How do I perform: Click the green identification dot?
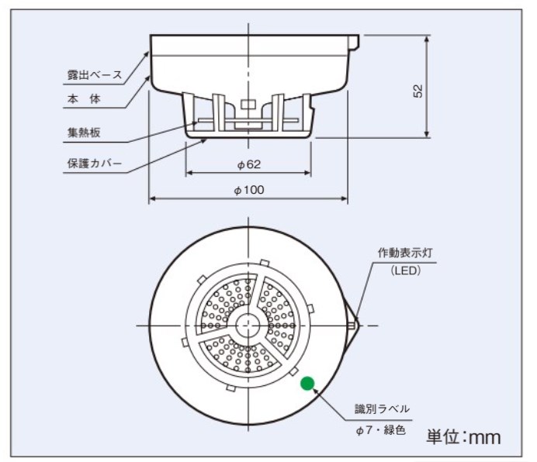pos(307,383)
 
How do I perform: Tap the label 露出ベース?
pos(95,74)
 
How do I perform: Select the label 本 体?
pos(84,99)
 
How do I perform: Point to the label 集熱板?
pos(84,133)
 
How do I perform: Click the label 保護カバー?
pos(95,164)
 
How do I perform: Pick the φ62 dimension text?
pos(249,164)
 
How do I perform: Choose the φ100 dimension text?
pos(249,190)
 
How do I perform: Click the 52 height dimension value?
pos(418,91)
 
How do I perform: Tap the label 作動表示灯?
pos(405,253)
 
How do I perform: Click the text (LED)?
pos(406,271)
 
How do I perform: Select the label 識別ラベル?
pos(383,409)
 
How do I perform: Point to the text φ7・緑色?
pos(381,430)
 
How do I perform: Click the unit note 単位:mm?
pos(463,437)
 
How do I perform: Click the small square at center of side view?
pos(248,105)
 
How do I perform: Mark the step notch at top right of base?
pos(354,43)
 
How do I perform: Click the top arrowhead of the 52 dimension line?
pos(426,39)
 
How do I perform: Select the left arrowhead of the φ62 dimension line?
pos(189,173)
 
